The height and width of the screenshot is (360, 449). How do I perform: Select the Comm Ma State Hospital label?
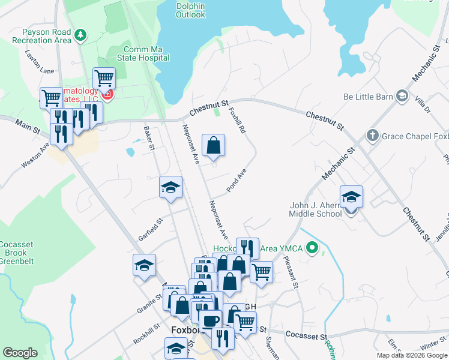(x=146, y=54)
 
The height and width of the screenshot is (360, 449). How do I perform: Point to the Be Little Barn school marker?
(x=402, y=96)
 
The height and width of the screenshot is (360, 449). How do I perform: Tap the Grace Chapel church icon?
(x=372, y=136)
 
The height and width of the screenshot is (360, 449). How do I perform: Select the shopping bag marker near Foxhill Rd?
(x=214, y=145)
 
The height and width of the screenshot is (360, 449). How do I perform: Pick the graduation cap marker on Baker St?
(x=170, y=187)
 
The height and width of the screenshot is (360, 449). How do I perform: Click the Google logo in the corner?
(x=20, y=353)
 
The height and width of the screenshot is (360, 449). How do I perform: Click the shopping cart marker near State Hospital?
(x=104, y=78)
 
